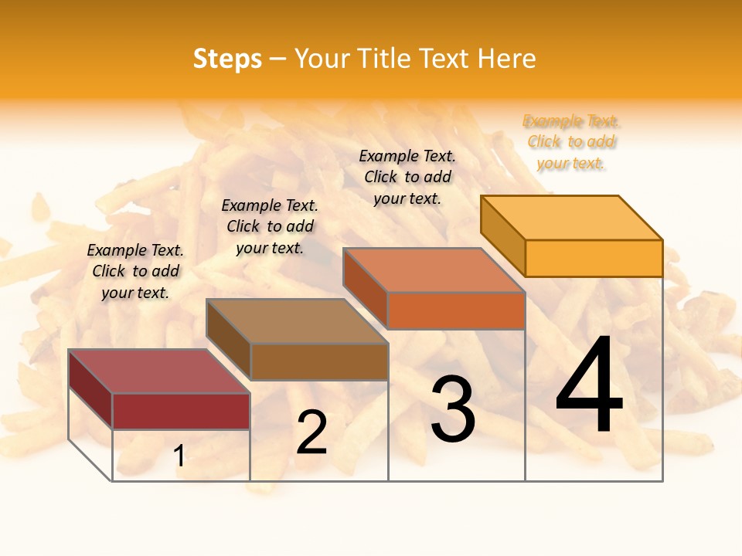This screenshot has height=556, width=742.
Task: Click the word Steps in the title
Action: (x=227, y=59)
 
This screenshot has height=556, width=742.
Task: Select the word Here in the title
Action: (x=506, y=59)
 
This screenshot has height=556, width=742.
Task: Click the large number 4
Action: (x=589, y=386)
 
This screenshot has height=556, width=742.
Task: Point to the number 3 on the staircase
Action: (x=453, y=410)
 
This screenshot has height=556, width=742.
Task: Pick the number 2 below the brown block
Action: (x=311, y=432)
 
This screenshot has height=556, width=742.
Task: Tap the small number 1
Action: (x=179, y=456)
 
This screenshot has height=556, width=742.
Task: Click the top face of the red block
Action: (x=158, y=371)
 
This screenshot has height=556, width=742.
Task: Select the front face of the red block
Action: (x=181, y=411)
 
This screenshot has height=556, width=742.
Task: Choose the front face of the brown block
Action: (x=319, y=361)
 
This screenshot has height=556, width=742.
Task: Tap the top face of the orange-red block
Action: (x=434, y=270)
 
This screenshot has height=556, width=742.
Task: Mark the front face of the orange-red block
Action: (x=456, y=310)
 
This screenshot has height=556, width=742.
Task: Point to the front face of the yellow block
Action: (x=594, y=258)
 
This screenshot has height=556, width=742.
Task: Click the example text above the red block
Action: (x=135, y=271)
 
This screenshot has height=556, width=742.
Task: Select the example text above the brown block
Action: (x=270, y=226)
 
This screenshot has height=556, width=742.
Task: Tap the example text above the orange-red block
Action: (x=407, y=177)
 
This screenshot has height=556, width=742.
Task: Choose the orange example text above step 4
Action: (x=571, y=142)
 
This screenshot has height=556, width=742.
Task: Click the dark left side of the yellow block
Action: (x=503, y=235)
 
